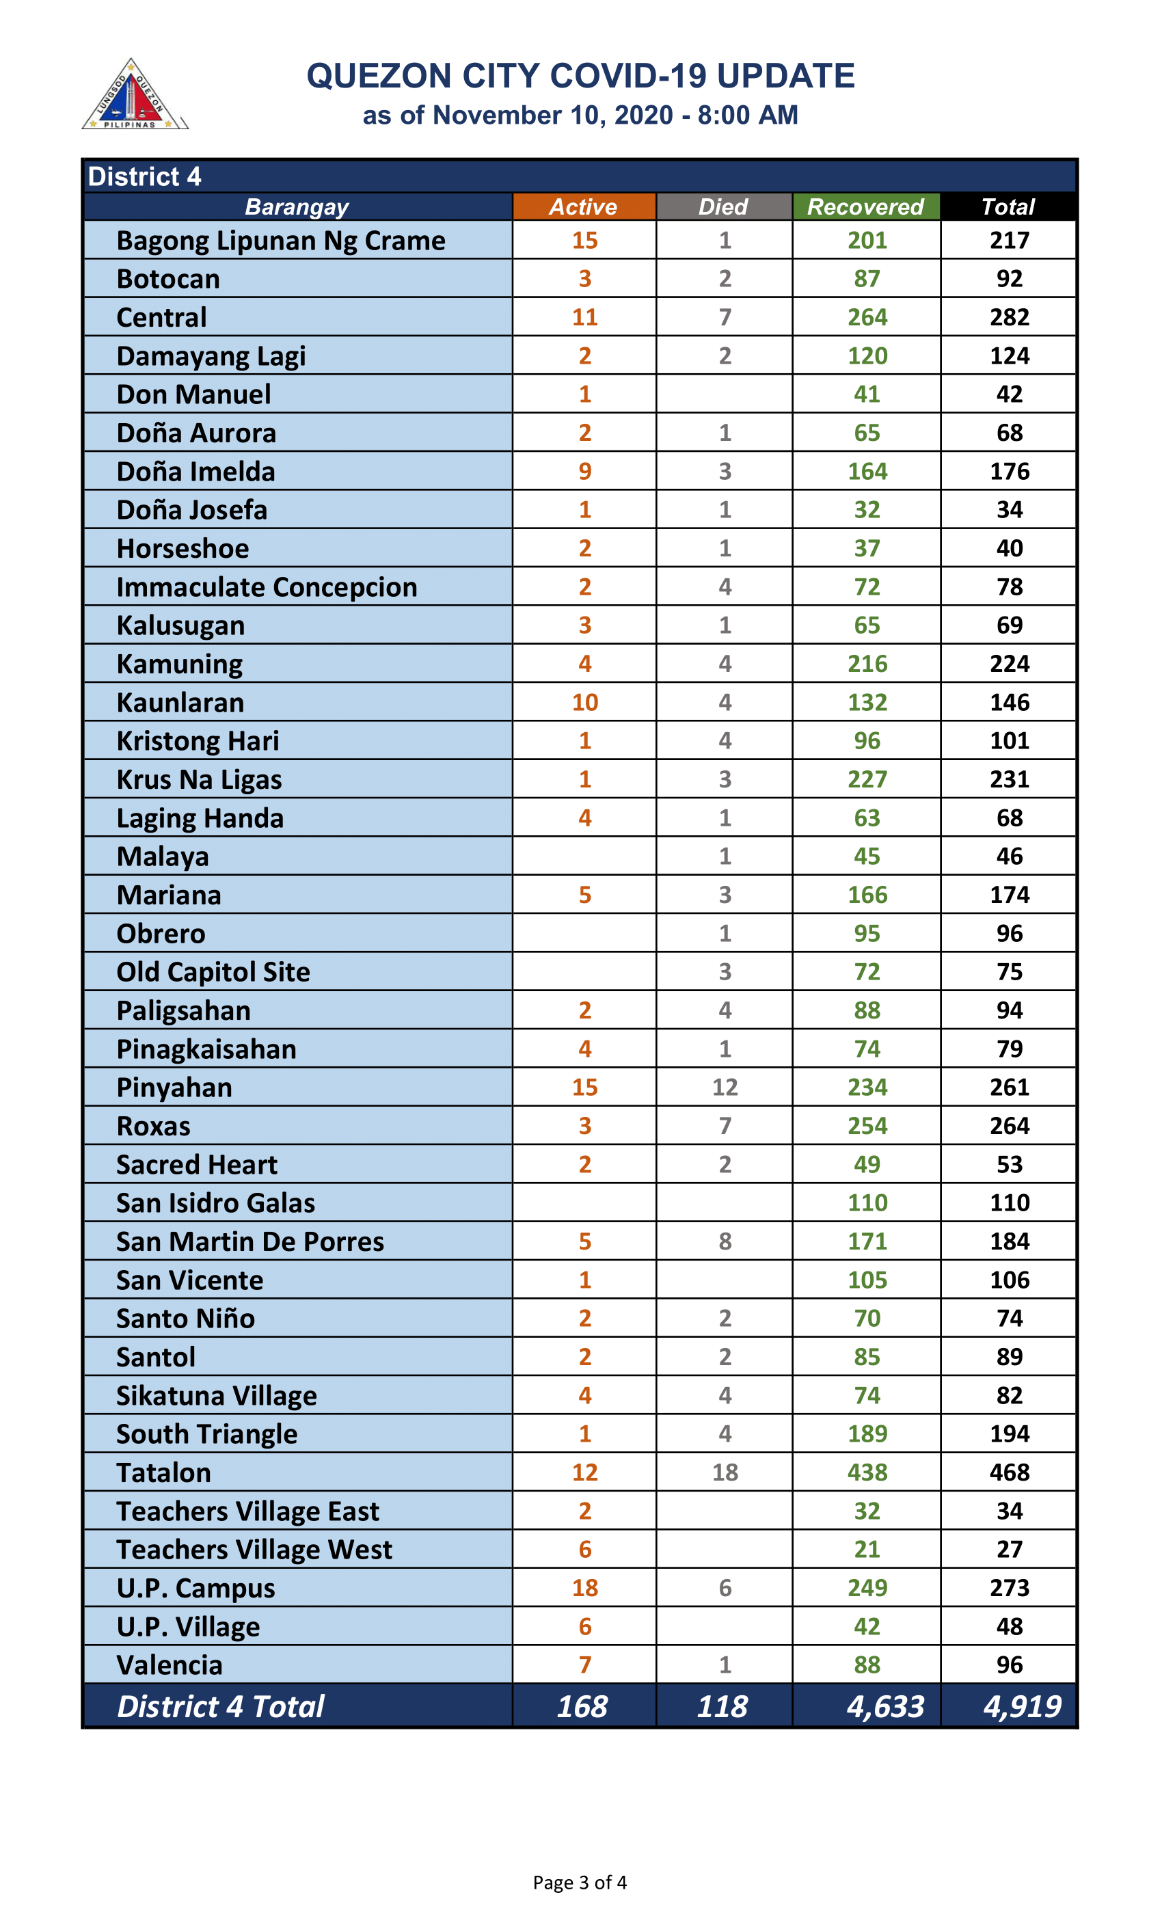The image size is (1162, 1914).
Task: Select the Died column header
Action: click(723, 206)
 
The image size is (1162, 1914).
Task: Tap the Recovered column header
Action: click(865, 206)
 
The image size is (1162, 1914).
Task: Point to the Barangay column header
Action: click(297, 206)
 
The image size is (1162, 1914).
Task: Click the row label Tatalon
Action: click(164, 1473)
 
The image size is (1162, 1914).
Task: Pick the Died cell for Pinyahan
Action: click(725, 1087)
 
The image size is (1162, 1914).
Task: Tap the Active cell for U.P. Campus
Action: click(585, 1588)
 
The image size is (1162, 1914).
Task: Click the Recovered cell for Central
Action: click(867, 317)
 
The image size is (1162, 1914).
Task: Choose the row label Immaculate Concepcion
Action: click(267, 587)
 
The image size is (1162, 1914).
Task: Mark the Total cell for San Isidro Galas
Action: click(1009, 1202)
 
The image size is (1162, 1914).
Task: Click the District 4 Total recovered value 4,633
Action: click(885, 1707)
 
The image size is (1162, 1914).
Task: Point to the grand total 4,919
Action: click(1021, 1707)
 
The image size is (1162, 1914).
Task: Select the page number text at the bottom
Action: click(580, 1882)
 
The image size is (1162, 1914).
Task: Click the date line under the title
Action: click(580, 115)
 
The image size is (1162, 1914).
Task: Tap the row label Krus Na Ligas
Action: click(199, 779)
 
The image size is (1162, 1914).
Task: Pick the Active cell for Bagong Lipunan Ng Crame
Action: click(585, 240)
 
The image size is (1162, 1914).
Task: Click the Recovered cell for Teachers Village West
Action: click(867, 1549)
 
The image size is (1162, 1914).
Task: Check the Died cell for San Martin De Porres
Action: click(725, 1241)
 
